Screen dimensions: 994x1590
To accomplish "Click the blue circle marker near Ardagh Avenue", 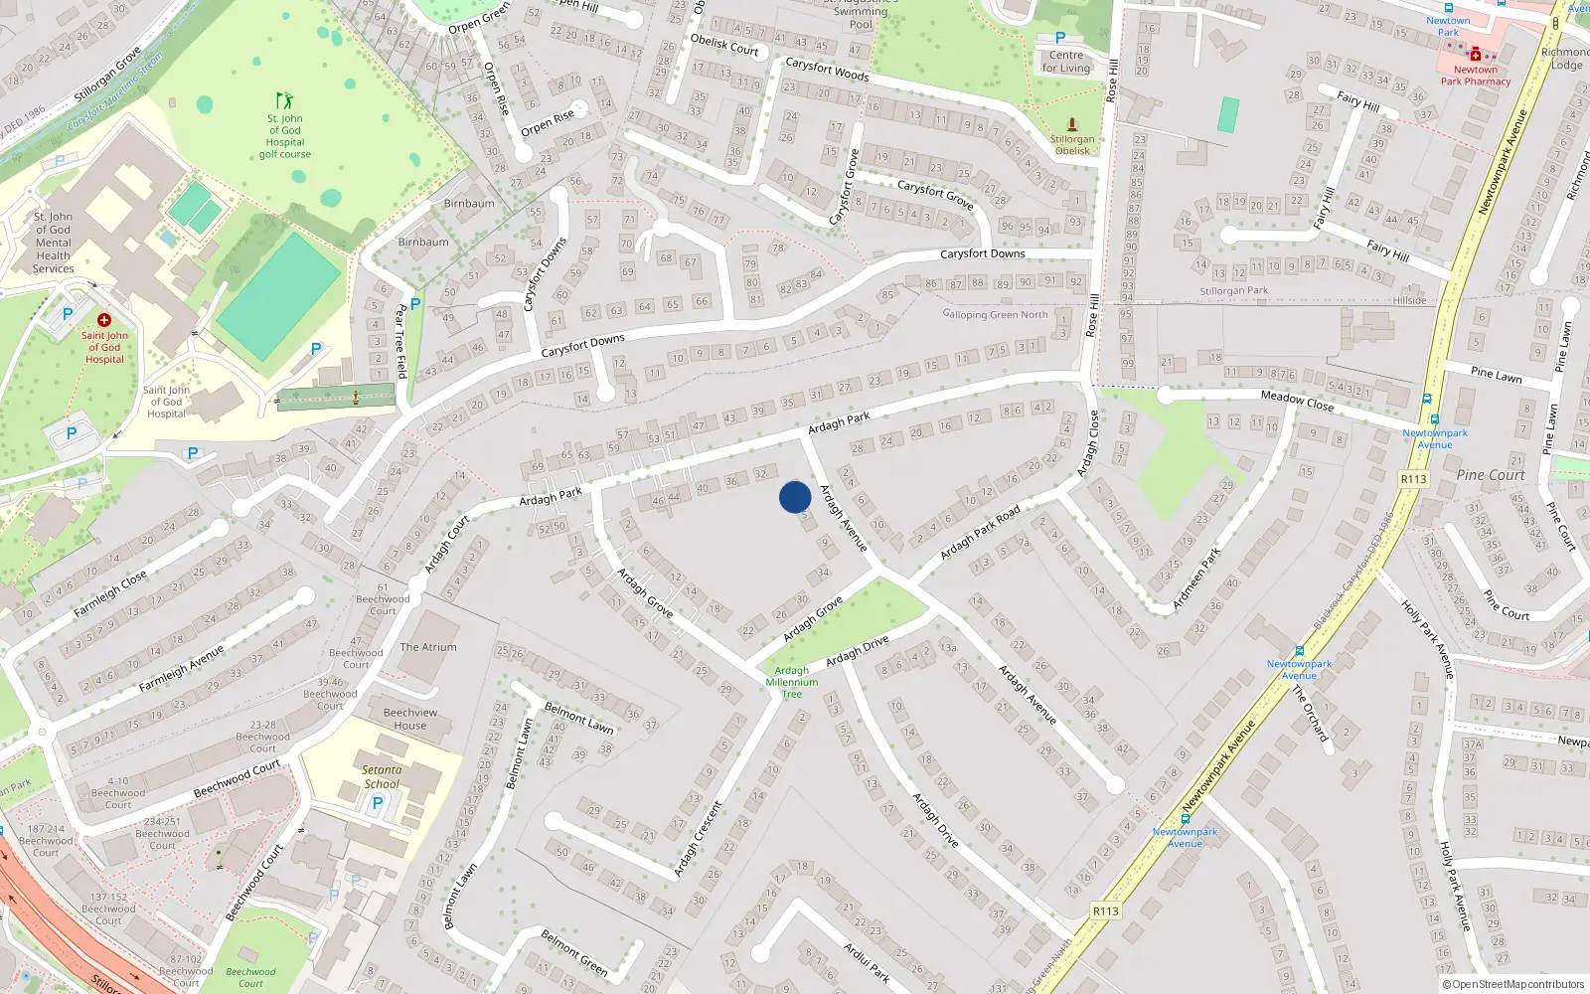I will (x=795, y=497).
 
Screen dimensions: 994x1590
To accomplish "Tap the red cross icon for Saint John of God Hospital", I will (x=103, y=320).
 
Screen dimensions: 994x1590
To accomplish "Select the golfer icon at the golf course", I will (x=284, y=100).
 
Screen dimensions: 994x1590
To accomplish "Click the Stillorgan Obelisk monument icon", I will (x=1072, y=124).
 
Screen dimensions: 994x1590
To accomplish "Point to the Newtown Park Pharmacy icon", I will (x=1475, y=55).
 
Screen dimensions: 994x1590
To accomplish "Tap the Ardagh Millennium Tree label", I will (x=792, y=682).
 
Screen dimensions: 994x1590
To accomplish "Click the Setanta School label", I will (x=382, y=776).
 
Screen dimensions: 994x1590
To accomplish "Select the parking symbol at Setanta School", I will (x=377, y=803).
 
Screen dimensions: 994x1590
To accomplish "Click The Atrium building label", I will (x=428, y=647).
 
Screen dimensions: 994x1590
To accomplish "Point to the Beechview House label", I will (x=409, y=719).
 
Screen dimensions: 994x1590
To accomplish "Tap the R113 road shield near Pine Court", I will (x=1413, y=479).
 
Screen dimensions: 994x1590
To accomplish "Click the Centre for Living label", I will (x=1065, y=62).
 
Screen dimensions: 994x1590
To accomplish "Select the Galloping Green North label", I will (x=995, y=314).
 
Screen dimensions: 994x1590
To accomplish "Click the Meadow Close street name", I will (x=1297, y=401).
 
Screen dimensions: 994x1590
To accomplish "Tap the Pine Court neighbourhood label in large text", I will (x=1490, y=475).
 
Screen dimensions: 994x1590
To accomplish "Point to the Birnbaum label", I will (x=469, y=204).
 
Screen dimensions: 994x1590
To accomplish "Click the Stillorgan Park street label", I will (x=1233, y=291).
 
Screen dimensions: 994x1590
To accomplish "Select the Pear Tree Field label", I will (x=401, y=340).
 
